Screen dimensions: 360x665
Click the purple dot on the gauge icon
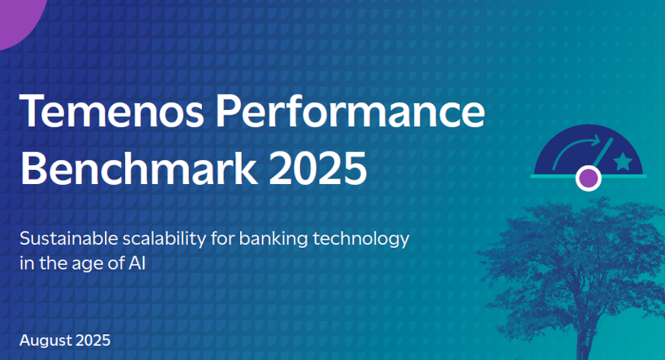(x=588, y=178)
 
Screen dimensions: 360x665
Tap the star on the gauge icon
(x=622, y=161)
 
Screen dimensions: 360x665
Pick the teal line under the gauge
(x=551, y=176)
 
